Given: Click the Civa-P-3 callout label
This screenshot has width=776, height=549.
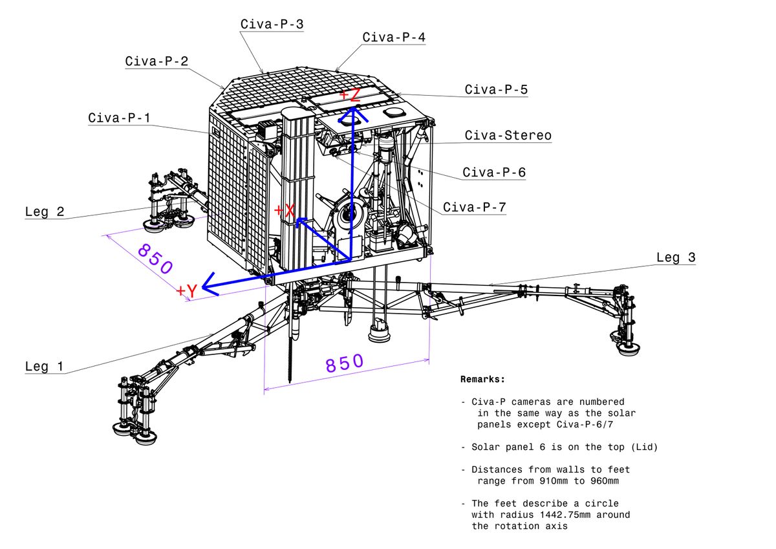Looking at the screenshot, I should (272, 25).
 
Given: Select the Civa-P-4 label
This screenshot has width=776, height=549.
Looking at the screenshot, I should (394, 38).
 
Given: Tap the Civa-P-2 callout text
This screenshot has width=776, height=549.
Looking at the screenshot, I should (156, 61).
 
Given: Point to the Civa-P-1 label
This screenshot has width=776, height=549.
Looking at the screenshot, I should (120, 118).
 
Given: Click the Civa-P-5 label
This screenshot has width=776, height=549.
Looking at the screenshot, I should (496, 89).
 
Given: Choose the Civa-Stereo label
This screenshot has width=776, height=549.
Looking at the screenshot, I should (508, 135).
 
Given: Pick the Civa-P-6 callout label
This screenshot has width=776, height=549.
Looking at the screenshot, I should (493, 173).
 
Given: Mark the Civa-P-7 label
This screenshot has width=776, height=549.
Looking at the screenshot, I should (474, 208).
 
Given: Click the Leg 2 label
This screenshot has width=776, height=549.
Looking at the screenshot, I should (45, 211).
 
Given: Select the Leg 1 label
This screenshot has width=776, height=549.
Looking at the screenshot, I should (45, 367).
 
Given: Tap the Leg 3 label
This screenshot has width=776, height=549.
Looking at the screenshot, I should (676, 257).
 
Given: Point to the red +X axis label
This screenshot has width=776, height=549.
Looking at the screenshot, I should (285, 211).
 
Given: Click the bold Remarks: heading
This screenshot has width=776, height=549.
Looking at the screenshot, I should (482, 379).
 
